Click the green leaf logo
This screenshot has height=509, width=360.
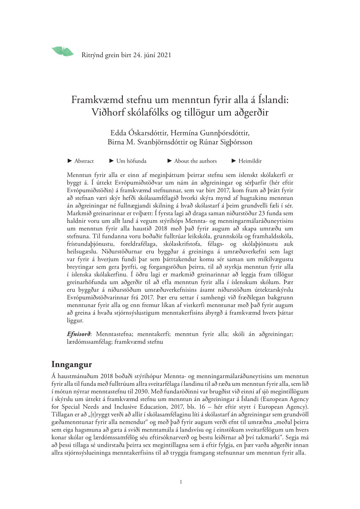[62, 51]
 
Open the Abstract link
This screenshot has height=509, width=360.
[84, 161]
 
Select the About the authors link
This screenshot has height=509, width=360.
[195, 161]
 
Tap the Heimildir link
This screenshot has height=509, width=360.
[250, 161]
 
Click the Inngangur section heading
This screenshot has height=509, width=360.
[72, 364]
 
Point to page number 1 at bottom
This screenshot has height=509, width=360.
[181, 482]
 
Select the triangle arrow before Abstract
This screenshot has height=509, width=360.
[70, 161]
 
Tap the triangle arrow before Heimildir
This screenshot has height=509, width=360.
[234, 161]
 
